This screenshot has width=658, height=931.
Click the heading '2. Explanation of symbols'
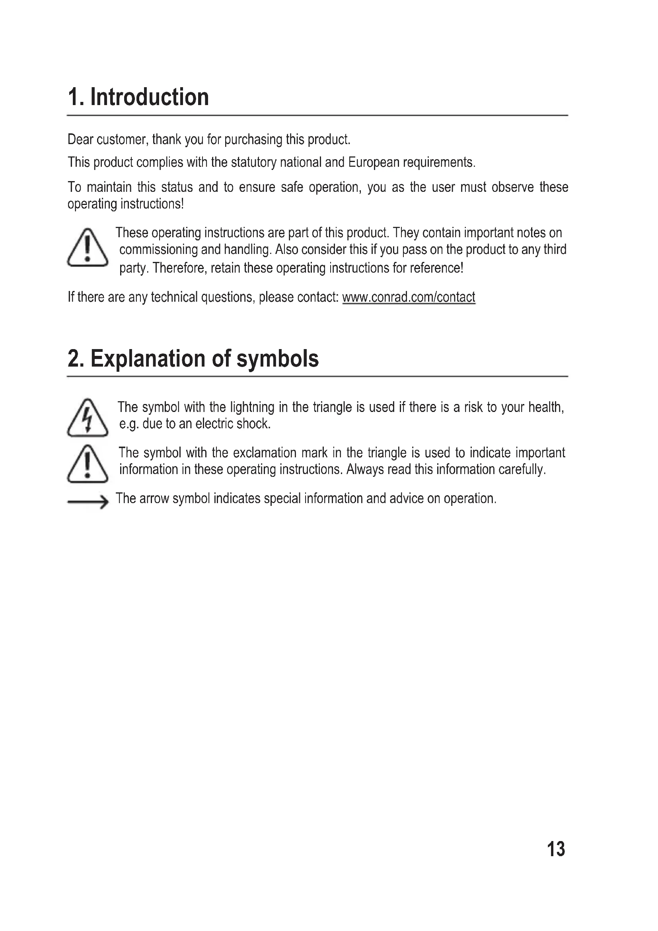(193, 359)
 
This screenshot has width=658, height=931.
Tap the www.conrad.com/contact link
(409, 297)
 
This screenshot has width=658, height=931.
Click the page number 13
(556, 849)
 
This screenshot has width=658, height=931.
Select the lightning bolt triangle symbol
(88, 418)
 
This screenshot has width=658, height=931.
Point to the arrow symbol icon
(88, 502)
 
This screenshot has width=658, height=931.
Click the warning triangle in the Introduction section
(88, 247)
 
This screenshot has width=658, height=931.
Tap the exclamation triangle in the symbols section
(88, 464)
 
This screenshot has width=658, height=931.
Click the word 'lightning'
(246, 407)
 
